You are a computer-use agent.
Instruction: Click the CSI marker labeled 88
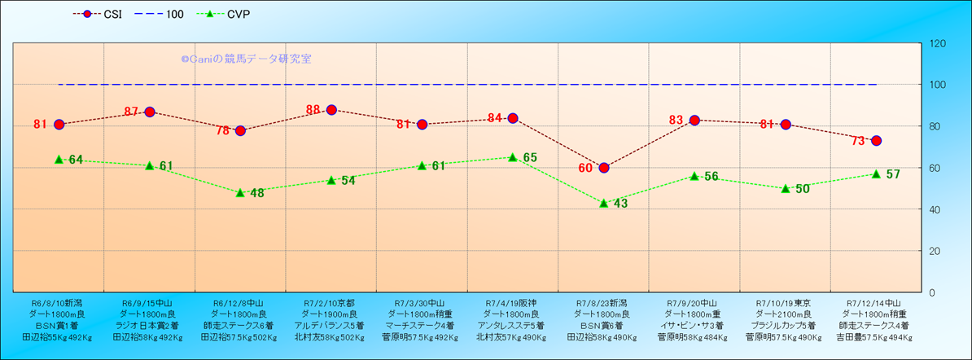[x=331, y=110]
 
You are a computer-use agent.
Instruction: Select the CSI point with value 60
[x=604, y=168]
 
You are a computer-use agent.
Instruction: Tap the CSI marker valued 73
[x=876, y=141]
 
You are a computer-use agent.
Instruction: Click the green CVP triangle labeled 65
[x=513, y=157]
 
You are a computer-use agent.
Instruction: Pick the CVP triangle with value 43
[x=604, y=203]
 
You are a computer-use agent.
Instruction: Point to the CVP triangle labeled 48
[x=240, y=193]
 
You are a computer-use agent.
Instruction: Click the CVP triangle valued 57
[x=876, y=173]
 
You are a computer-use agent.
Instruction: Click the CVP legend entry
[x=227, y=14]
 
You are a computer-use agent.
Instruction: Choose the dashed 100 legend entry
[x=164, y=14]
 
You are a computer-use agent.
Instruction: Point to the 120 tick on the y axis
[x=937, y=43]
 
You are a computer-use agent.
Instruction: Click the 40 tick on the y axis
[x=935, y=209]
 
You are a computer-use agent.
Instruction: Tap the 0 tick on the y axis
[x=932, y=292]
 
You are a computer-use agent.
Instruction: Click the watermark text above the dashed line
[x=246, y=59]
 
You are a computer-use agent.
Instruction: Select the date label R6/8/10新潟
[x=56, y=302]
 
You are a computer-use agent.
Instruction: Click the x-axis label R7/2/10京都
[x=329, y=302]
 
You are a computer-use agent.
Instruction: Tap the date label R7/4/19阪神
[x=511, y=302]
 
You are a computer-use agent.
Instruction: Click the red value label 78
[x=223, y=130]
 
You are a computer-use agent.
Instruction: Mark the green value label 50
[x=803, y=189]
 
